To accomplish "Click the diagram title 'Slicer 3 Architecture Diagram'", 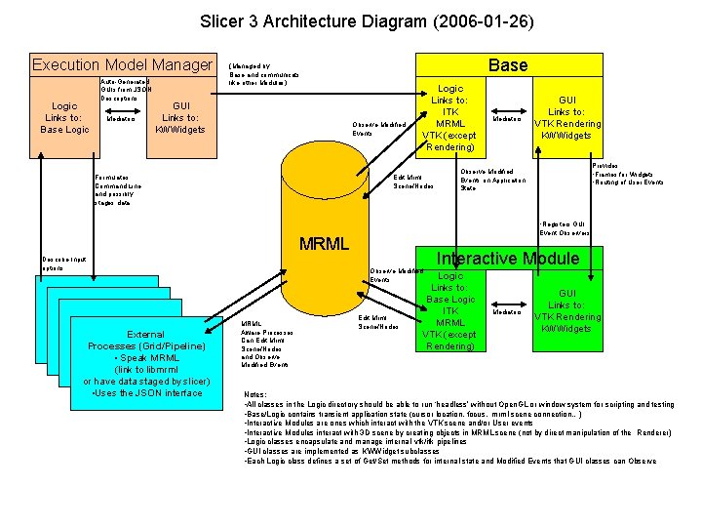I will [x=367, y=20].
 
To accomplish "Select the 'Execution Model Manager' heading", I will [x=122, y=65].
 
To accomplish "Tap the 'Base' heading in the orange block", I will [x=507, y=65].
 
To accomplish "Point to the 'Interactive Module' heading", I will [x=507, y=259].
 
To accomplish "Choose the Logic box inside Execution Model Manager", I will [x=64, y=117].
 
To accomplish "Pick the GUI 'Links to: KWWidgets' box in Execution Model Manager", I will [x=180, y=117].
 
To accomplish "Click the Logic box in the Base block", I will [x=450, y=117].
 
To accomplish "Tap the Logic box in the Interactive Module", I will [x=450, y=310].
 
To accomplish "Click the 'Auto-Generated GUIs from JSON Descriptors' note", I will [x=124, y=90].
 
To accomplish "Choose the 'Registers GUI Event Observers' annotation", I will [x=565, y=228].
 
